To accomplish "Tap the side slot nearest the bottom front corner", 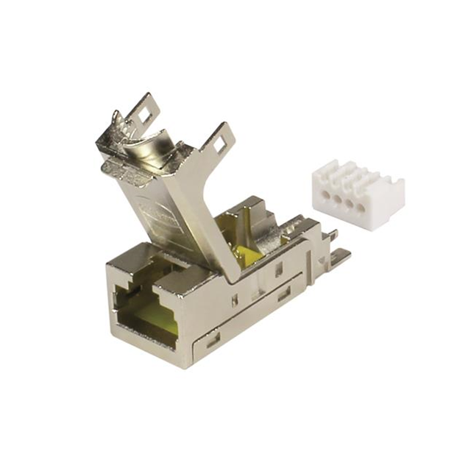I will coord(213,340).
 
